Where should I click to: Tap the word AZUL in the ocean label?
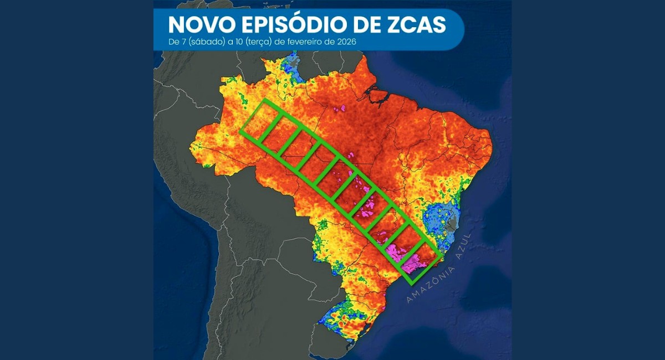point(461,249)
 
